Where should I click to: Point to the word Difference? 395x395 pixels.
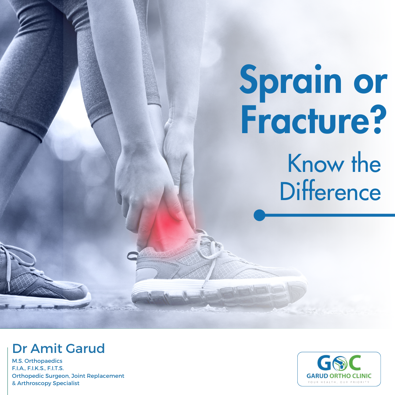click(x=330, y=191)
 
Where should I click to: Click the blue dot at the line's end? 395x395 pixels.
click(x=259, y=215)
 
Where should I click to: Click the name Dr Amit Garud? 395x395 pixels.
click(x=59, y=349)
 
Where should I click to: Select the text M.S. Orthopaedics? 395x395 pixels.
click(x=37, y=361)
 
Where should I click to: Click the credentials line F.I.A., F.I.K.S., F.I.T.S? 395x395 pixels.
click(x=38, y=368)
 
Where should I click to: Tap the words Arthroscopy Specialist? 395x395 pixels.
click(x=48, y=383)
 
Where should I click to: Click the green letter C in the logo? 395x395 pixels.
click(x=354, y=363)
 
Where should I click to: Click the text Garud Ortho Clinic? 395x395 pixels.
click(x=339, y=376)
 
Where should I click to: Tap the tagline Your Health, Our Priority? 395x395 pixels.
click(x=339, y=382)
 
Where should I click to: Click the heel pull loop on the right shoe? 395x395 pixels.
click(x=132, y=255)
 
